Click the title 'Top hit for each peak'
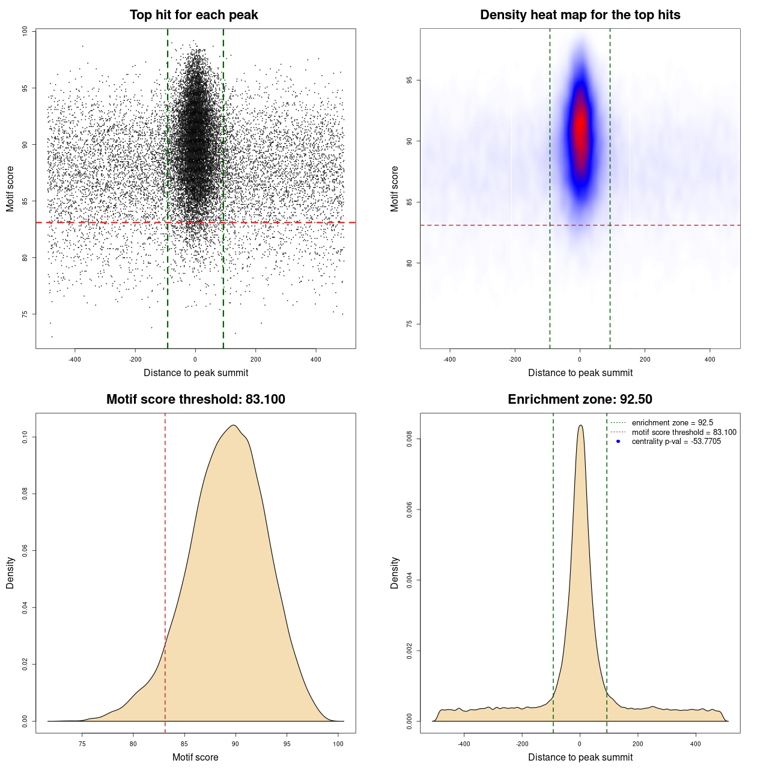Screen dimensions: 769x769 [193, 15]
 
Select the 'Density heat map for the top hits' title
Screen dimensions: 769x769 [580, 15]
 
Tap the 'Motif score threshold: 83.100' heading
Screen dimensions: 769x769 [195, 400]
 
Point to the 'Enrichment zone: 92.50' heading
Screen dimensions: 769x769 [580, 400]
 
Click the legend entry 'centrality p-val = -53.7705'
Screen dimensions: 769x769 [676, 442]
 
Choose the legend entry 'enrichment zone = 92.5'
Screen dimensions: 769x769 [672, 423]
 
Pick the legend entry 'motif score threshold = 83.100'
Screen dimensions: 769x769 [684, 433]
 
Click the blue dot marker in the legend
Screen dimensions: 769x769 [618, 442]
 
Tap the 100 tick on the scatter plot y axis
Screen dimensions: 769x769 [25, 31]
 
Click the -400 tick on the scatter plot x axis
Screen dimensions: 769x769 [74, 359]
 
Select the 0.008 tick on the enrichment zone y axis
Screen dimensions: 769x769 [410, 439]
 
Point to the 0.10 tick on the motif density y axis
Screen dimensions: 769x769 [25, 437]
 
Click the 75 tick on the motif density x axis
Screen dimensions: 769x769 [82, 744]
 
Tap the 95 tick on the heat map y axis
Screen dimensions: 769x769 [410, 80]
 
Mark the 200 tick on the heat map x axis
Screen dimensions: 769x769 [645, 359]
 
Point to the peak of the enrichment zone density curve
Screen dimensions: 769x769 [580, 425]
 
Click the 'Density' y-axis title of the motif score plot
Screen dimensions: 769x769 [10, 573]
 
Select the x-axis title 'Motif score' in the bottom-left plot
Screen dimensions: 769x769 [195, 757]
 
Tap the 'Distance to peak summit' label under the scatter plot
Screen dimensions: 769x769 [196, 372]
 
